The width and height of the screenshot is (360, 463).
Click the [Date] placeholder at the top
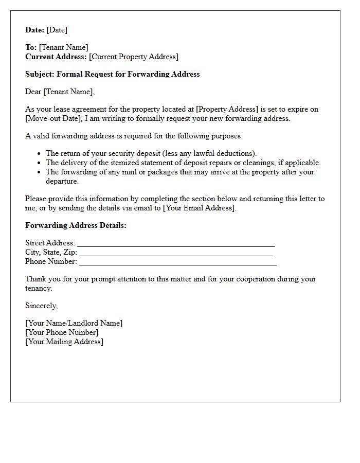coord(57,30)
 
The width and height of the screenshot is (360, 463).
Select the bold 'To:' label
coord(31,47)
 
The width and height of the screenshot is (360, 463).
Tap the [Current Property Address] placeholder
coord(134,57)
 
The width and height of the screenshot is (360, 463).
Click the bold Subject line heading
coord(113,74)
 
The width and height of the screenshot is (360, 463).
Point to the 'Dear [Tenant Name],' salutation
coord(60,92)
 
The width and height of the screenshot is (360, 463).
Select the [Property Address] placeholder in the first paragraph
coord(227,109)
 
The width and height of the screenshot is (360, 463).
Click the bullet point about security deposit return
coord(151,153)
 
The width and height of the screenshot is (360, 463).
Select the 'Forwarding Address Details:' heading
coord(76,225)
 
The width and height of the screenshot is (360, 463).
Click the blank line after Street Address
coord(175,243)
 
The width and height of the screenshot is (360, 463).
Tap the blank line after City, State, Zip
coord(175,253)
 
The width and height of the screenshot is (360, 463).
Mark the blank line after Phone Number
coord(177,262)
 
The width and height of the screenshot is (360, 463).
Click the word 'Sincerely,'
coord(42,306)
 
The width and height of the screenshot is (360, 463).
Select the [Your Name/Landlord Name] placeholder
coord(74,323)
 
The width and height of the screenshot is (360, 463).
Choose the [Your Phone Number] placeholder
coord(62,332)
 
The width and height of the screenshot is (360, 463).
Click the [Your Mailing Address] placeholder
coord(64,342)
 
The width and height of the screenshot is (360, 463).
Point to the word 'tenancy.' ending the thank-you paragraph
coord(39,288)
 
